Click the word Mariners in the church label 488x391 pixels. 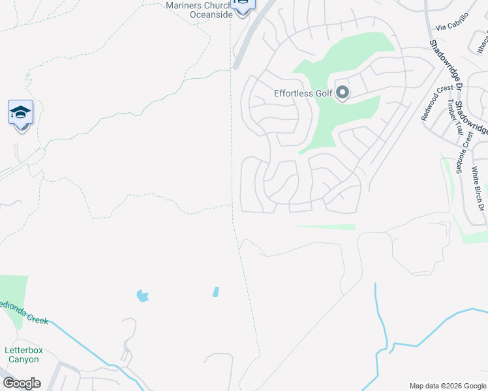tap(180, 5)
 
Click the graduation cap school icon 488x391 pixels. tap(20, 113)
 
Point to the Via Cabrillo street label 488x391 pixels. tap(452, 23)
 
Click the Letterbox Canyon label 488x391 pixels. tap(23, 355)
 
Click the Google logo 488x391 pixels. tap(22, 383)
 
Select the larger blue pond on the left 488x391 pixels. tap(142, 296)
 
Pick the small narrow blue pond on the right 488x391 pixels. tap(215, 291)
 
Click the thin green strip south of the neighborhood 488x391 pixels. tap(324, 227)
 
